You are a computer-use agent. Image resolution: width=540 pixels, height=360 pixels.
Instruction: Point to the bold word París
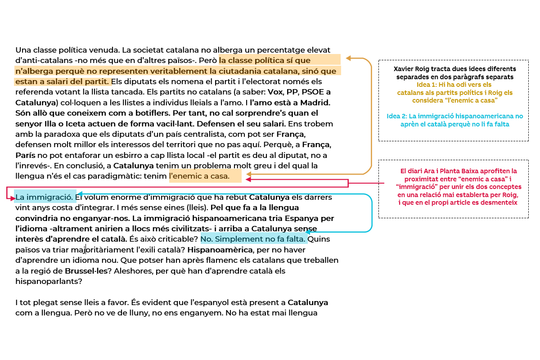[x=25, y=155]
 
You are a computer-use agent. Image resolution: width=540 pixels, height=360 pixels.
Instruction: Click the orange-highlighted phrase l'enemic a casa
[x=199, y=176]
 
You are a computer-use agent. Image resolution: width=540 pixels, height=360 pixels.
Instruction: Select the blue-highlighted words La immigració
[x=44, y=197]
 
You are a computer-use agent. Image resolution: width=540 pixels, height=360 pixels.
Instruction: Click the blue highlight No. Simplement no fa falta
[x=253, y=239]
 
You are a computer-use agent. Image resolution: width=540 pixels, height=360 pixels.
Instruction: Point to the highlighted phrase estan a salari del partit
[x=62, y=81]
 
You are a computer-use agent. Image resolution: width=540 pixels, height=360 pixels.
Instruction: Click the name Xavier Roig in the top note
[x=410, y=69]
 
